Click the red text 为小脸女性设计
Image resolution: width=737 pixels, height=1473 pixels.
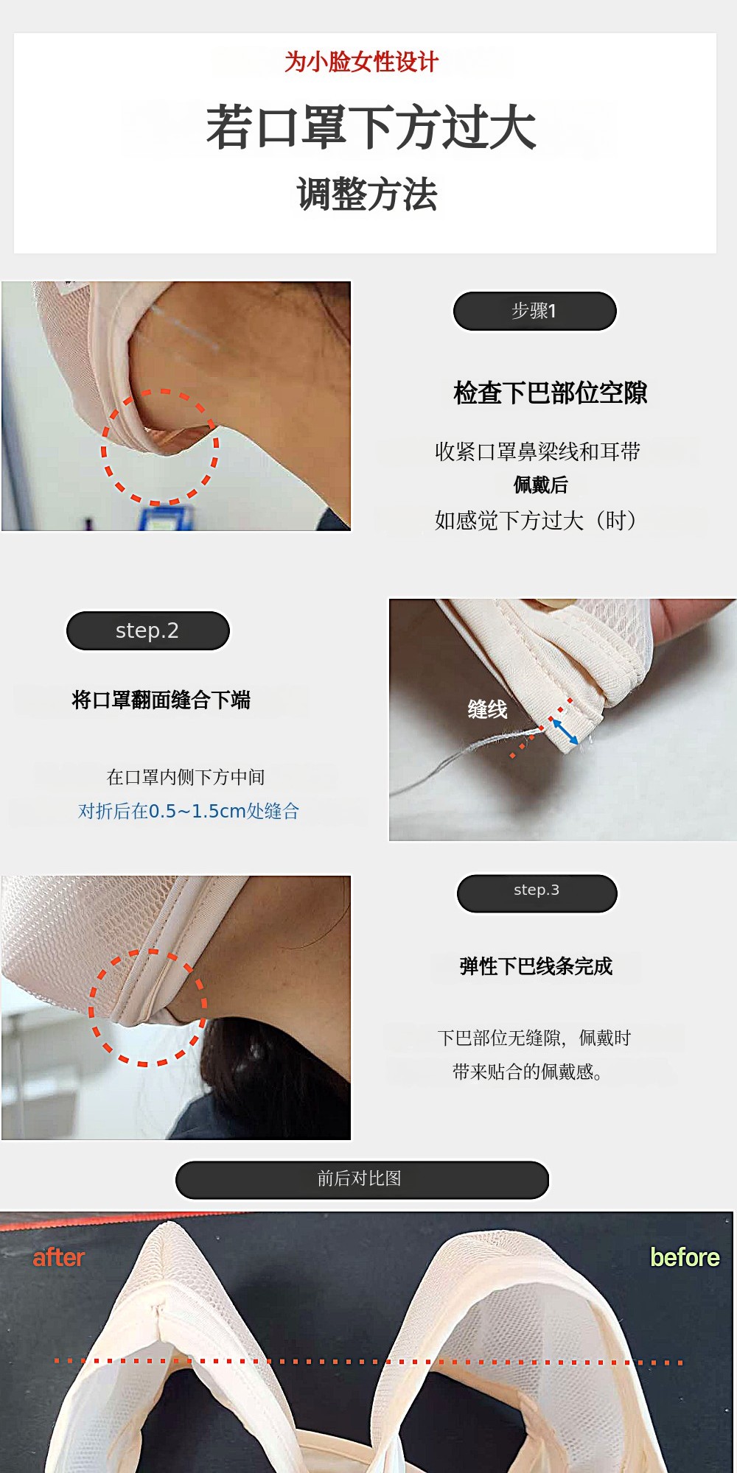pos(362,62)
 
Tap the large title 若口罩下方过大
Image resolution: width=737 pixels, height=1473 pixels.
pos(371,128)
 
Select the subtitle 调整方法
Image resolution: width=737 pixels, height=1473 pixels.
pos(367,195)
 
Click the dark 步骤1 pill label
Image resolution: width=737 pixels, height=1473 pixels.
pos(534,311)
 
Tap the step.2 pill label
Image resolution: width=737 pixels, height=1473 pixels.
pos(148,630)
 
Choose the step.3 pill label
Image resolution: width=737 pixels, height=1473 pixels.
pos(537,893)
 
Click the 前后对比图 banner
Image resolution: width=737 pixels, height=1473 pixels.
pos(362,1179)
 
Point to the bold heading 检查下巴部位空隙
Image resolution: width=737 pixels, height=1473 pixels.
pos(551,393)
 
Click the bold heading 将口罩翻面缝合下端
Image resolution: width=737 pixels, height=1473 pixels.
pos(161,700)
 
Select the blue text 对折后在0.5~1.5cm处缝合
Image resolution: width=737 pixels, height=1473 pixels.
pos(189,811)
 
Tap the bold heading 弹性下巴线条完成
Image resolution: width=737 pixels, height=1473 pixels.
pos(536,966)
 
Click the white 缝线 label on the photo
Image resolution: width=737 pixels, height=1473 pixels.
pos(487,709)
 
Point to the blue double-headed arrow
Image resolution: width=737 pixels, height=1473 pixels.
pos(565,731)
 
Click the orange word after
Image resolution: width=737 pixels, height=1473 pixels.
pos(59,1257)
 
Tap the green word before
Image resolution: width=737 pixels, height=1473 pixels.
pos(685,1257)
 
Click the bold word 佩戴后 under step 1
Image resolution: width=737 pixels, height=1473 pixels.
pos(541,485)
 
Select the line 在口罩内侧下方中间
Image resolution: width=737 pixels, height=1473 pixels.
pos(186,777)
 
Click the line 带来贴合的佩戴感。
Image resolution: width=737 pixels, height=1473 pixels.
pos(528,1072)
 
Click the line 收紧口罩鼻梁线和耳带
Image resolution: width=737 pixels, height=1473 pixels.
pos(538,451)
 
